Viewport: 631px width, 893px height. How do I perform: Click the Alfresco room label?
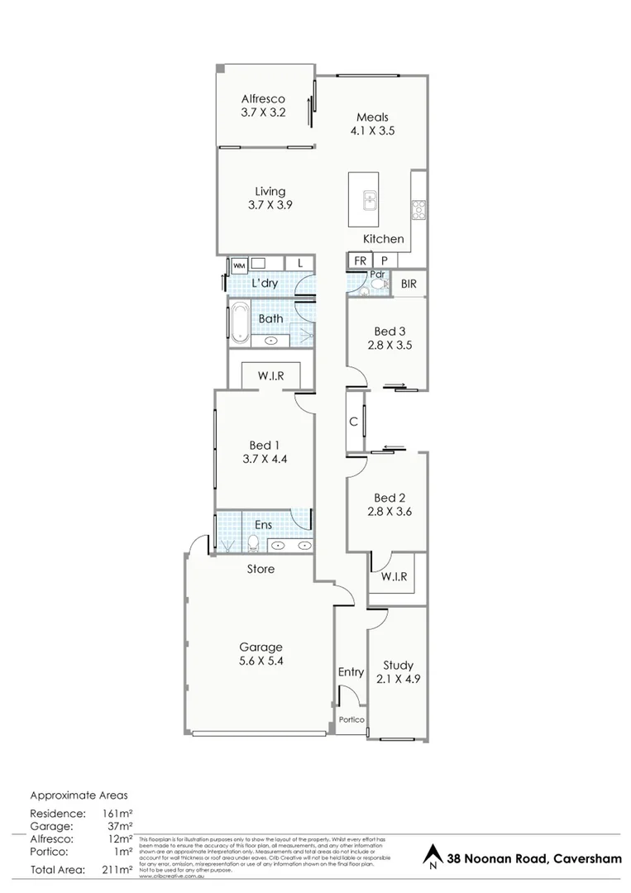(263, 98)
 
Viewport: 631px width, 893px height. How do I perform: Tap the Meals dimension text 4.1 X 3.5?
(371, 131)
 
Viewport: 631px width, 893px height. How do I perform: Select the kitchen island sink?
(370, 199)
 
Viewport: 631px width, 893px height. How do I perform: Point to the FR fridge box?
(361, 260)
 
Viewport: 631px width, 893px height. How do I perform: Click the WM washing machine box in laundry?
(238, 265)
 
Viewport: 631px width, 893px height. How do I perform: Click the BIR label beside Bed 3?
(409, 284)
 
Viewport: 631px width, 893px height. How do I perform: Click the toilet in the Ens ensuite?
(255, 543)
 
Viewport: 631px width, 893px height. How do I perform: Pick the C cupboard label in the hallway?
(353, 422)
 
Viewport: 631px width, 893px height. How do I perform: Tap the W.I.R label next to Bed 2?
(394, 576)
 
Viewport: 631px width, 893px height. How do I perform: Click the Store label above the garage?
(261, 569)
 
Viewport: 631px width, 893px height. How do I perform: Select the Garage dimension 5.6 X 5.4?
(261, 661)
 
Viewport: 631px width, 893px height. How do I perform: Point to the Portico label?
(351, 720)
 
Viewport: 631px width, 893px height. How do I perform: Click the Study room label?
(397, 666)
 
